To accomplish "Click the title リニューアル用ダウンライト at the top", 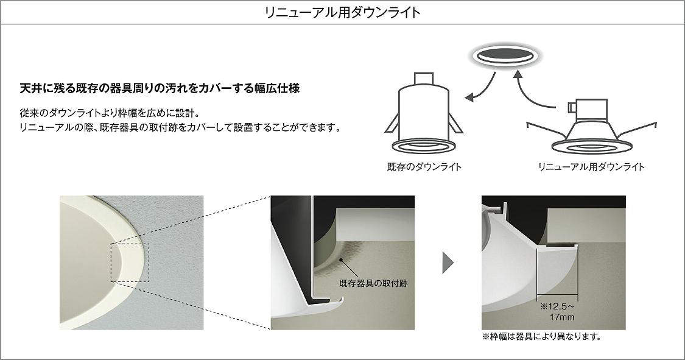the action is click(x=342, y=12).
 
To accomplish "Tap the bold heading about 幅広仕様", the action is click(x=160, y=88).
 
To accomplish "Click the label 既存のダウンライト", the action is click(x=424, y=166).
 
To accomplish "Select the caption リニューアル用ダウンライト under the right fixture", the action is click(x=591, y=166).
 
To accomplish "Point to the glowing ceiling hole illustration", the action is click(x=504, y=57).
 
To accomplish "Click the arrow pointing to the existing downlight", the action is click(x=480, y=87).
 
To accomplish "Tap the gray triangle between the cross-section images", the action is click(x=448, y=263).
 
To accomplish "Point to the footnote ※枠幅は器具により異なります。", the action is click(x=542, y=336).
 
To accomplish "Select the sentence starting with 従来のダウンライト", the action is click(x=110, y=113).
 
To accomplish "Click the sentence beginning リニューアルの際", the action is click(x=180, y=128).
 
